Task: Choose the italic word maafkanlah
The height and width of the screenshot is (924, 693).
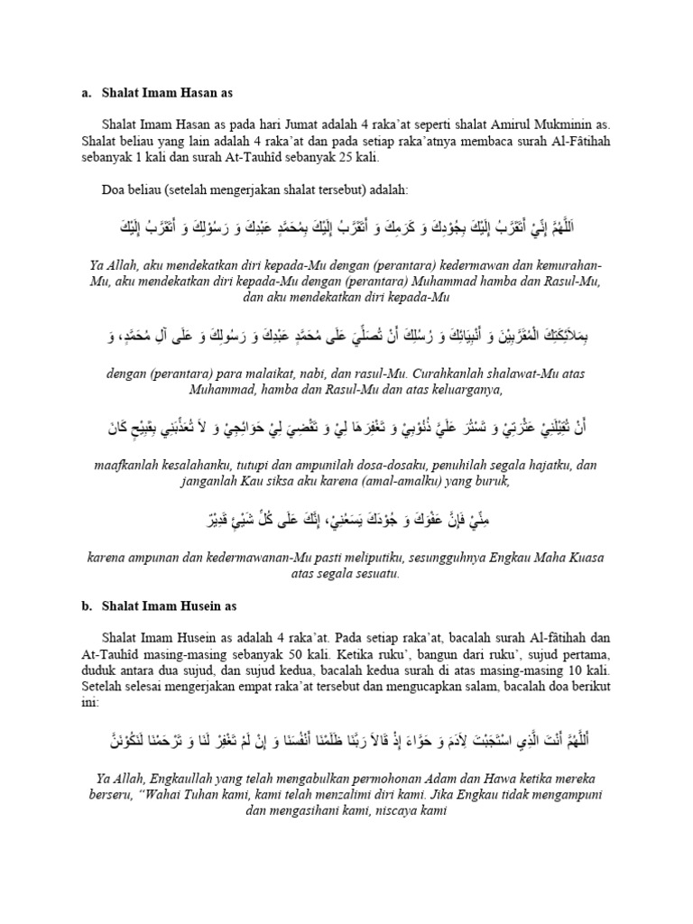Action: click(128, 466)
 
